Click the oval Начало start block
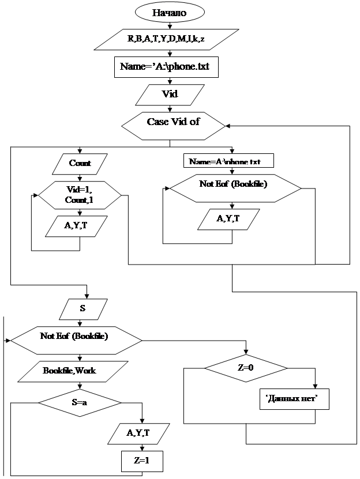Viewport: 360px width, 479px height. point(169,12)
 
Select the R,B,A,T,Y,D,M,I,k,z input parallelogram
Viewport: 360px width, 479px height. point(166,39)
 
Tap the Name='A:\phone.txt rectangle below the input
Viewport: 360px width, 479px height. point(166,66)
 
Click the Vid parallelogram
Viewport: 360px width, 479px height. point(169,94)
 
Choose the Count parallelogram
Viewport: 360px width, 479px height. point(80,163)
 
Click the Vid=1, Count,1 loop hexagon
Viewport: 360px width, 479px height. point(80,195)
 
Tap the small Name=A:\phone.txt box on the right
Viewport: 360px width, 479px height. point(228,161)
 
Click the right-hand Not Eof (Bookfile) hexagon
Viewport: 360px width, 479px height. point(233,185)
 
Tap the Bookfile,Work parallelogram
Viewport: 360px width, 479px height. point(69,371)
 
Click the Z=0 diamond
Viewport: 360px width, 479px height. point(245,368)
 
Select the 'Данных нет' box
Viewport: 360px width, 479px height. point(292,399)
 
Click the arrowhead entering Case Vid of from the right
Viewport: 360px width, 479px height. point(228,123)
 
